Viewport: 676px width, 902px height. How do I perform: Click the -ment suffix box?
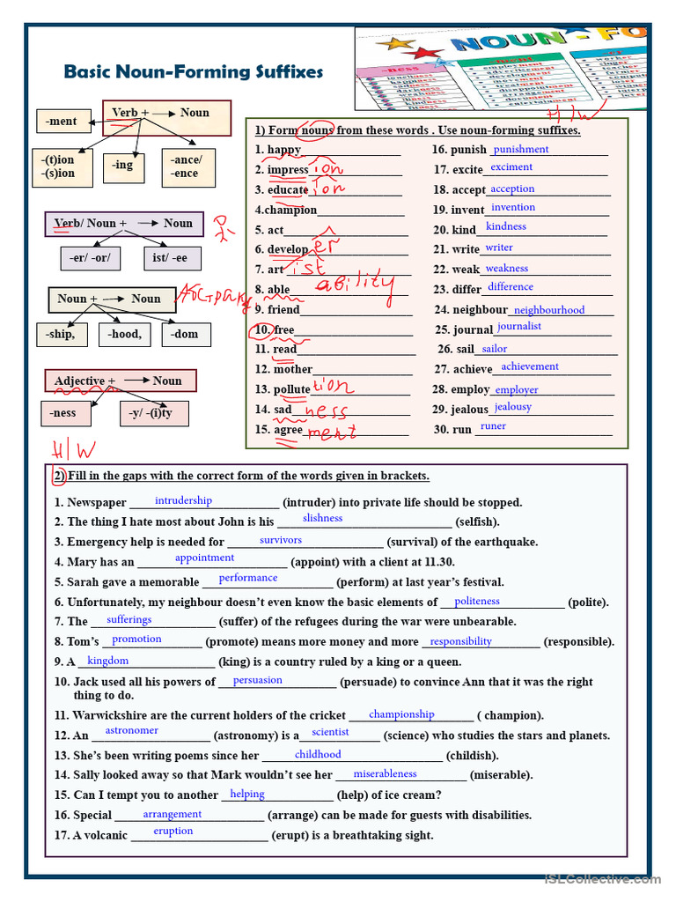[x=62, y=122]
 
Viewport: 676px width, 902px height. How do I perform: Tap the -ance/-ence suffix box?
[x=187, y=166]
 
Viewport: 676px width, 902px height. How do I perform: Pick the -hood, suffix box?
[x=124, y=335]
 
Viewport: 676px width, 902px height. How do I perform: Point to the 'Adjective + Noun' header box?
[x=120, y=381]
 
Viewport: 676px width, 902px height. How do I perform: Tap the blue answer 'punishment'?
[x=521, y=150]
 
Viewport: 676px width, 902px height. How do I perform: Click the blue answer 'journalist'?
[x=519, y=326]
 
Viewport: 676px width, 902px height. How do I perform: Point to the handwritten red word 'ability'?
[x=355, y=284]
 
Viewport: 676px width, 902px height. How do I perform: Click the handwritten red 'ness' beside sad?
[x=326, y=410]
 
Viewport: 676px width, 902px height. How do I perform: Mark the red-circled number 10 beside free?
[x=262, y=330]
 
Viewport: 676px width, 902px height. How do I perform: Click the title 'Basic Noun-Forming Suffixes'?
[x=194, y=72]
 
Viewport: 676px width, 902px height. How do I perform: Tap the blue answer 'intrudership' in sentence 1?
[x=183, y=500]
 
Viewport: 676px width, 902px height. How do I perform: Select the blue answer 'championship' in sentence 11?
[x=401, y=714]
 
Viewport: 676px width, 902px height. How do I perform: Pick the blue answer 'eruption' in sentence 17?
[x=173, y=831]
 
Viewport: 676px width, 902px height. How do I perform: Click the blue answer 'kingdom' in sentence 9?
[x=108, y=661]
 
